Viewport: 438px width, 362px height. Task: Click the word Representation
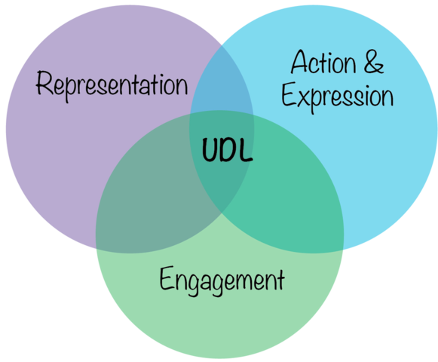(112, 85)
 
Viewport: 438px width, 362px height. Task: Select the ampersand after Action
(372, 63)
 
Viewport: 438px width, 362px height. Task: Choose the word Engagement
(222, 281)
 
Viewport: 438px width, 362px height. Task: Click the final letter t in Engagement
(280, 281)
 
